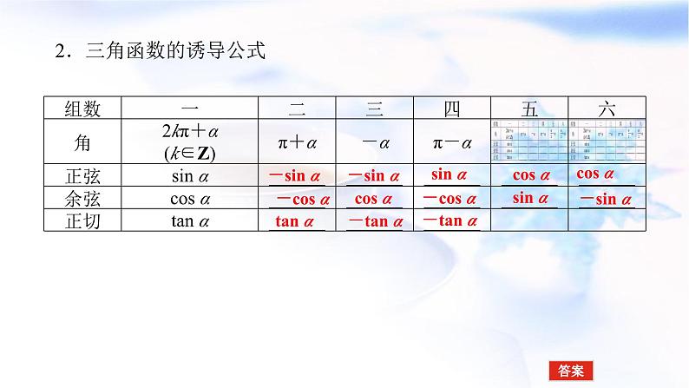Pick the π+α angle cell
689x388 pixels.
pyautogui.click(x=297, y=141)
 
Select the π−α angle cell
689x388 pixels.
pyautogui.click(x=451, y=141)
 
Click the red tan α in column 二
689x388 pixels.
pyautogui.click(x=294, y=221)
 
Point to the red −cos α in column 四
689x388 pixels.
pyautogui.click(x=451, y=199)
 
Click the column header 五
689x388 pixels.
pyautogui.click(x=529, y=109)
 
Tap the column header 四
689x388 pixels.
pyautogui.click(x=451, y=109)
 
